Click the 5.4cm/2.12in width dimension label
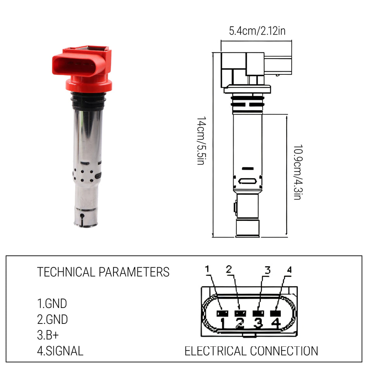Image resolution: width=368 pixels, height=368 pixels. [257, 31]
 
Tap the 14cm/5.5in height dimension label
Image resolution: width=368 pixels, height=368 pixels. [201, 141]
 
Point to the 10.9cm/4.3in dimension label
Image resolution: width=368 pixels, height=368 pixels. [298, 172]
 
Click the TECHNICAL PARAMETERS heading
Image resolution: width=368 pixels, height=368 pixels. [103, 272]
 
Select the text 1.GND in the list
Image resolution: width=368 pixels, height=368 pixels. [52, 303]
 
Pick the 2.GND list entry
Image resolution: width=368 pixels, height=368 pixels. [52, 319]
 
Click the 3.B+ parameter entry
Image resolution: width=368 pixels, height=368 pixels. [48, 335]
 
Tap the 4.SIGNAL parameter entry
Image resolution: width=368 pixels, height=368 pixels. [60, 351]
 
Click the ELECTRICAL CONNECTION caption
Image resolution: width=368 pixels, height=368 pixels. [251, 351]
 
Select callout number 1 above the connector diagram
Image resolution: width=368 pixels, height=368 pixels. [207, 269]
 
